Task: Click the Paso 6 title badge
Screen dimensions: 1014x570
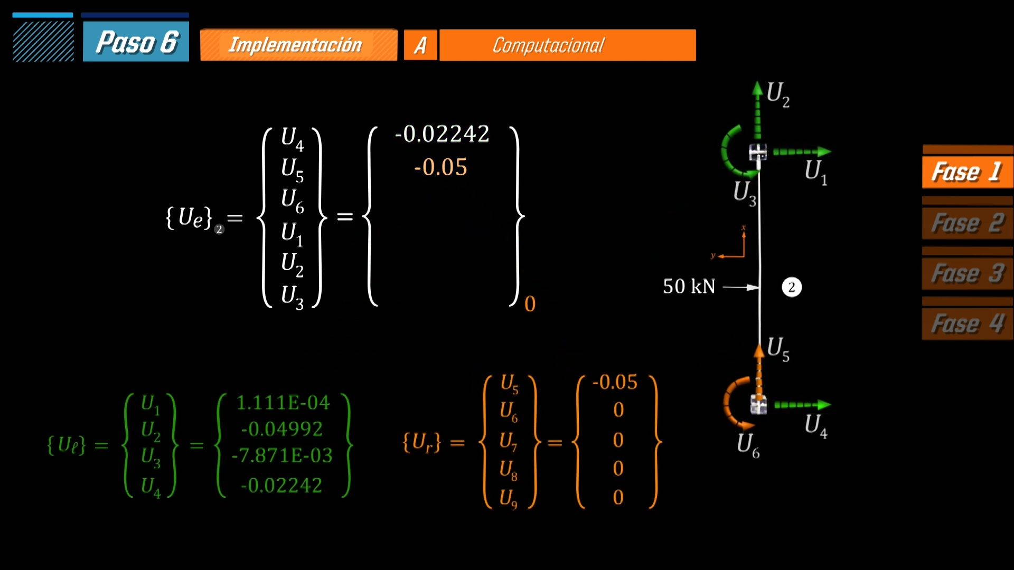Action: point(136,42)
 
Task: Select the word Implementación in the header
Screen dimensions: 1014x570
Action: point(295,45)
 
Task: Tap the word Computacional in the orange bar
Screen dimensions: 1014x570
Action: point(548,45)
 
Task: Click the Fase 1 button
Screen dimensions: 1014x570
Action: point(968,172)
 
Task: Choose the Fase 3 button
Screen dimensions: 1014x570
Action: point(968,273)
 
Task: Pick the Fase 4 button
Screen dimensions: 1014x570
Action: point(968,324)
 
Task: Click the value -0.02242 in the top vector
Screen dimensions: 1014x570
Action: point(443,134)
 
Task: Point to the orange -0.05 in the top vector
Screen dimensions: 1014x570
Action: point(440,167)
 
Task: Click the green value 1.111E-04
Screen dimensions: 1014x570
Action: point(283,403)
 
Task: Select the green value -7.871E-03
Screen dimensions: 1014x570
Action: point(282,455)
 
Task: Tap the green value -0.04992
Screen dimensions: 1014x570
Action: point(282,429)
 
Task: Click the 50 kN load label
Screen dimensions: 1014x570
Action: point(689,286)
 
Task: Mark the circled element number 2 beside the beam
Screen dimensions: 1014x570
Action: point(792,287)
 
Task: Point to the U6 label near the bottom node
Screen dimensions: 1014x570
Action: point(748,445)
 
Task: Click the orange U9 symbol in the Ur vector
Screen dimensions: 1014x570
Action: point(509,498)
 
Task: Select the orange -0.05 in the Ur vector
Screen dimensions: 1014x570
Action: point(615,382)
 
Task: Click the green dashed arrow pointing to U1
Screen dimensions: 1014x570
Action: point(802,152)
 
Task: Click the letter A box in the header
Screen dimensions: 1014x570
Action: point(420,45)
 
